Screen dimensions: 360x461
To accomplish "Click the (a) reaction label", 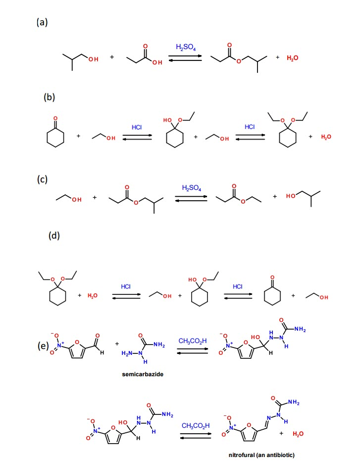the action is [x=42, y=22].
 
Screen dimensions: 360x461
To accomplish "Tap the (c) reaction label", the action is [x=42, y=179].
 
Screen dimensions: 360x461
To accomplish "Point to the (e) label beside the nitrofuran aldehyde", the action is [x=43, y=346].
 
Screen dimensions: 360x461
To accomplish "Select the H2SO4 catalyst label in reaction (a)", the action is [x=186, y=47].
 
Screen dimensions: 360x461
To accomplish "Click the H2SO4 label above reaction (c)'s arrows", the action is [x=192, y=188].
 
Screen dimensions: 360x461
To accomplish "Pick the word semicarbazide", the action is [x=143, y=374].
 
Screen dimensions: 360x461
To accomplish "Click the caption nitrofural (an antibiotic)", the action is [x=261, y=455].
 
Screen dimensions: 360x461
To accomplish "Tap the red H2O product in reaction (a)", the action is [x=293, y=58].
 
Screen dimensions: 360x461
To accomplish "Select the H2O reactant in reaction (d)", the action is [x=93, y=295].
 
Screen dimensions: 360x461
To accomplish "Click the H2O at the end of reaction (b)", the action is [x=326, y=137].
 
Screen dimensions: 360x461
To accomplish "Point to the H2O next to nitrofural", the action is [x=298, y=434].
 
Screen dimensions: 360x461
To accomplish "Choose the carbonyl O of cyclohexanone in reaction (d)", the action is [x=272, y=278].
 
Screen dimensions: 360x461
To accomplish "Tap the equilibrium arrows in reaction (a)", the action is [x=185, y=58].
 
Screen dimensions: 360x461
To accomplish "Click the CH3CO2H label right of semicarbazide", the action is [x=193, y=341].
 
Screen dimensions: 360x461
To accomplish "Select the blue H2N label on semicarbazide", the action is [x=127, y=353].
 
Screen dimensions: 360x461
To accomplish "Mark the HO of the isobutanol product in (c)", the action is [x=291, y=196].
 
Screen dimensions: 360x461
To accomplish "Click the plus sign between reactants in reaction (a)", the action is [x=112, y=57].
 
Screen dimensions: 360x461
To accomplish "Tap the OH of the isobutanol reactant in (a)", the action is [x=94, y=59].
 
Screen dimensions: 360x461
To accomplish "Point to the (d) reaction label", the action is [x=54, y=235].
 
